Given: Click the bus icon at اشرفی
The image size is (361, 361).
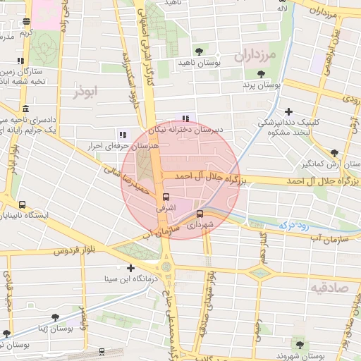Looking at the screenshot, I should (166, 197).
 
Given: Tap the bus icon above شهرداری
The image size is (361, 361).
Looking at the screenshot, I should (200, 213).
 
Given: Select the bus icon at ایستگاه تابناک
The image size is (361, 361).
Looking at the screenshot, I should (23, 204).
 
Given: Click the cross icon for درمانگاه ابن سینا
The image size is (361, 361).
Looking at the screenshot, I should (131, 267).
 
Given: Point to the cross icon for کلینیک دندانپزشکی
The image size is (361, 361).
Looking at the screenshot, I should (288, 111).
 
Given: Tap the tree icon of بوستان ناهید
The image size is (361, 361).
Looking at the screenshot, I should (200, 51).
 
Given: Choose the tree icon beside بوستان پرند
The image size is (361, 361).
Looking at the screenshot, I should (262, 73).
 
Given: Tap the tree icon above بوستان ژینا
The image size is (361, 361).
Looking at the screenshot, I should (6, 334).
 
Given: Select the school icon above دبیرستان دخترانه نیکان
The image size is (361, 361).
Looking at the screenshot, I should (185, 118).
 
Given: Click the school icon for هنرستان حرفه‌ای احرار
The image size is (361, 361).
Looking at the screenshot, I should (122, 134).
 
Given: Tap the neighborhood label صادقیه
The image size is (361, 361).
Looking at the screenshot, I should (329, 288).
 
